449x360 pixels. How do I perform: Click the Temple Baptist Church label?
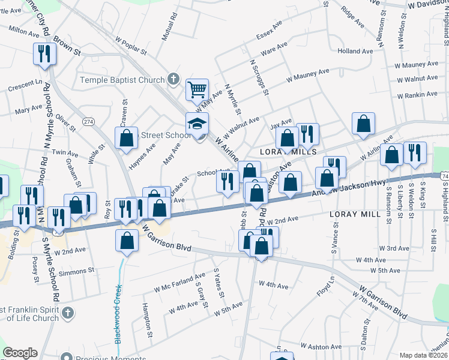122,80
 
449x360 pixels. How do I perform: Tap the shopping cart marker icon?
197,91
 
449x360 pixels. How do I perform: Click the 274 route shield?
89,122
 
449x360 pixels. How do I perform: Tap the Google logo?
20,353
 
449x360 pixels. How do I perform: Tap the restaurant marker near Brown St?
45,55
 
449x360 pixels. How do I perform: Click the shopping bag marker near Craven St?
127,139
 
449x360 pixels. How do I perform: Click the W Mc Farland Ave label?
179,283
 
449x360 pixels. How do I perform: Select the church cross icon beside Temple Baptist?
173,79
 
